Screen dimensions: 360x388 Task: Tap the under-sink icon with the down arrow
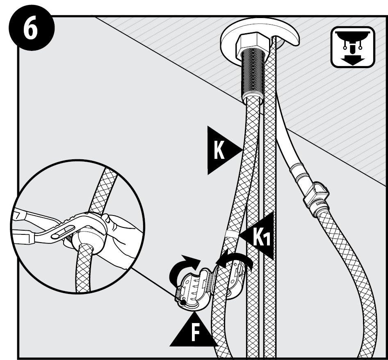pos(352,46)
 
